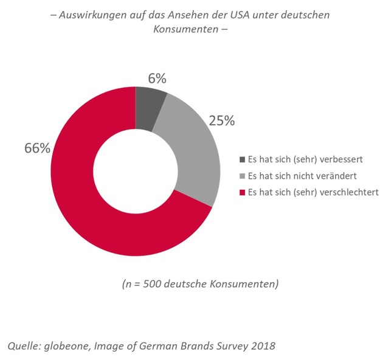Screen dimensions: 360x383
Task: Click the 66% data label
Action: pyautogui.click(x=37, y=148)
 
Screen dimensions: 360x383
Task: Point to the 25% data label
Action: pyautogui.click(x=222, y=120)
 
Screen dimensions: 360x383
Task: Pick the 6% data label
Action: pyautogui.click(x=156, y=78)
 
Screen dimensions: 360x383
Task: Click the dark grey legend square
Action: pyautogui.click(x=242, y=160)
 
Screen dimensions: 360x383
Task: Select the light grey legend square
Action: pyautogui.click(x=242, y=176)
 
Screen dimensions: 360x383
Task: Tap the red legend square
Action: pyautogui.click(x=242, y=192)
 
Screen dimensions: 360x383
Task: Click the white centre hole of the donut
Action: pyautogui.click(x=135, y=171)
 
